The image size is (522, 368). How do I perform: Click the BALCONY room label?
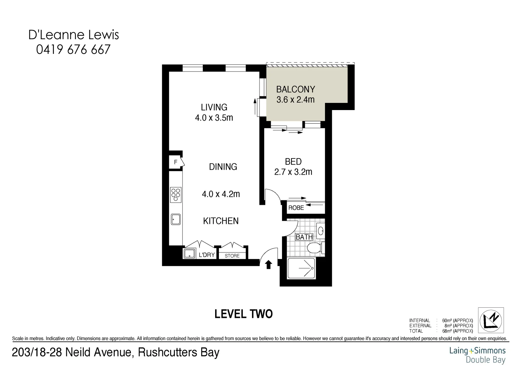[x=295, y=89]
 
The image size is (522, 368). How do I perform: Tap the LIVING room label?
[x=214, y=107]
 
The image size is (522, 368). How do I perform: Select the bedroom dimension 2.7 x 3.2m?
[x=293, y=172]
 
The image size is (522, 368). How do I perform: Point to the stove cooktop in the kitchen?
[x=176, y=195]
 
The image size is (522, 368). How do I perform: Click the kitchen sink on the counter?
[x=176, y=219]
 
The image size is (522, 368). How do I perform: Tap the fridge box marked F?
[x=176, y=162]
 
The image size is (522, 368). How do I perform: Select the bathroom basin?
[x=320, y=231]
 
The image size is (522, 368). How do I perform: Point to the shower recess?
[x=302, y=268]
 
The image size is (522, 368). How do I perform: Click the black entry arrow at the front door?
[x=268, y=264]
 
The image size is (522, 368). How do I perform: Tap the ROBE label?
[x=296, y=208]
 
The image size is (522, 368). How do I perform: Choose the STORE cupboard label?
[x=232, y=256]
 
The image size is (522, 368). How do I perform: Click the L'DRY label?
[x=207, y=255]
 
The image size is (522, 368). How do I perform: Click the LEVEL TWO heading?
[x=243, y=314]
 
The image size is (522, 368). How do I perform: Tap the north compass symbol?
[x=491, y=320]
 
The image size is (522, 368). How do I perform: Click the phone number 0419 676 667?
[x=73, y=50]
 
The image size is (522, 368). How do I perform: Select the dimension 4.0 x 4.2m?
[x=221, y=194]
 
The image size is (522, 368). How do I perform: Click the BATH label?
[x=304, y=237]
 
